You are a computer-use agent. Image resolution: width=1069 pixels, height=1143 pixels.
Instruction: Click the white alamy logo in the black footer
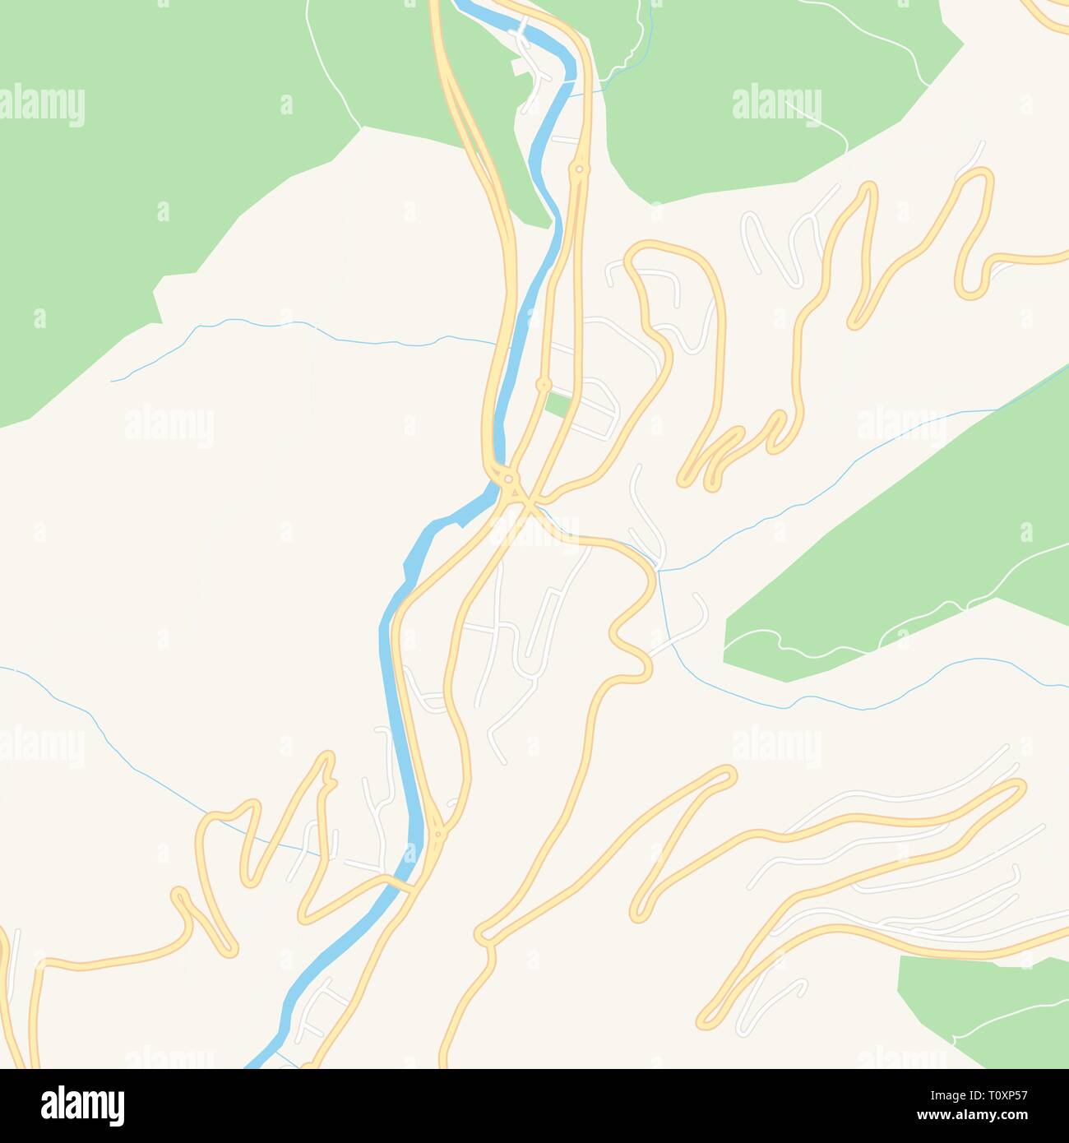pos(82,1105)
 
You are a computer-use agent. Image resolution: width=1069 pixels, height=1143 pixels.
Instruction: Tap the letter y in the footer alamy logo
pos(118,1108)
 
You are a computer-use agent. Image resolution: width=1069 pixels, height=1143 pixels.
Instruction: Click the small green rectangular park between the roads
pos(558,405)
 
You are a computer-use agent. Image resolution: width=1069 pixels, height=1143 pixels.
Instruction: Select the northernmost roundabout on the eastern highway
pos(580,170)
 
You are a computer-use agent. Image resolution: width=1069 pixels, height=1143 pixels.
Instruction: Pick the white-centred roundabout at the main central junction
pos(510,479)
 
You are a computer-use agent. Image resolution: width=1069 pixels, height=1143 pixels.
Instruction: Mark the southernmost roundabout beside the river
pos(438,835)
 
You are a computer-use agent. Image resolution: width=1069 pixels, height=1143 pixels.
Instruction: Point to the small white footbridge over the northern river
pos(521,26)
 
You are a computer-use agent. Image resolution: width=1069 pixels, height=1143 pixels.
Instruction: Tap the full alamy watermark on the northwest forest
pos(43,105)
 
